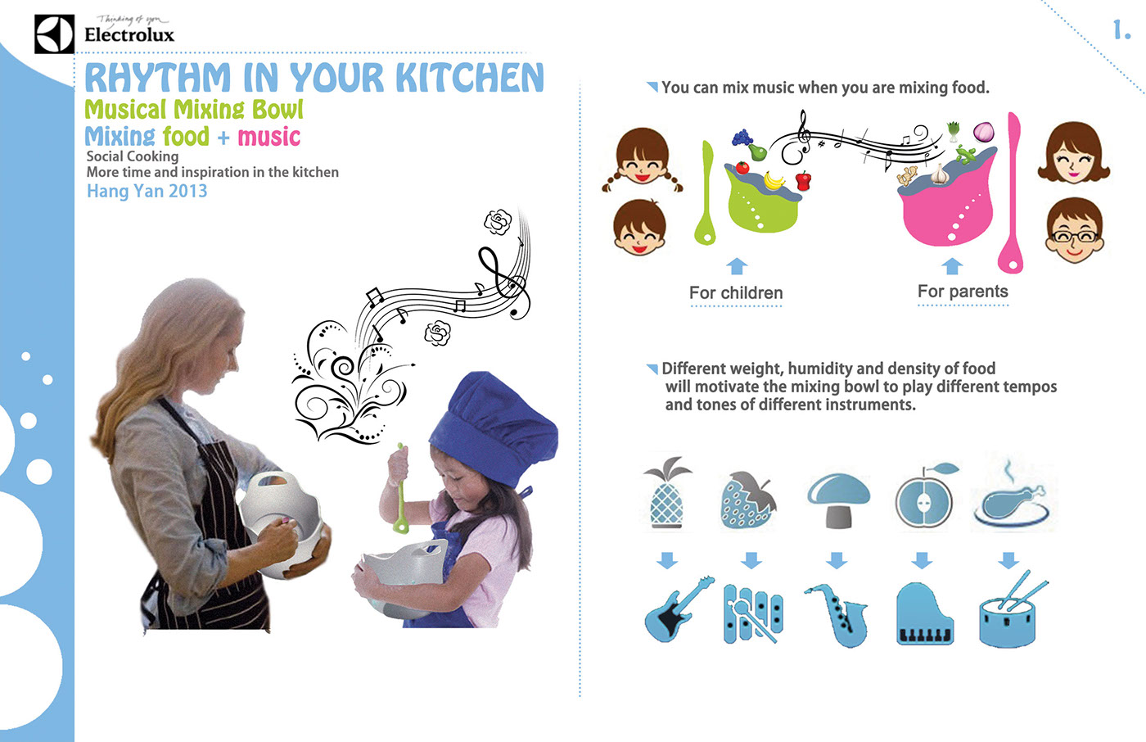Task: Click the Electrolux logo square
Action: [54, 34]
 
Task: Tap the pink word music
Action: [269, 137]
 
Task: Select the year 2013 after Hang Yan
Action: [187, 191]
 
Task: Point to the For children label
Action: [736, 292]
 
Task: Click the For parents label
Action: [963, 292]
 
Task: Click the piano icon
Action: [925, 613]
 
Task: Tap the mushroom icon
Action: [838, 500]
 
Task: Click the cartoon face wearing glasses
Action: [1074, 230]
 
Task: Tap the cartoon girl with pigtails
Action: [642, 156]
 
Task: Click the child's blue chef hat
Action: [493, 425]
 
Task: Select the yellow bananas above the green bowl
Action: [774, 180]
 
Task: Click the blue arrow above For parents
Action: [952, 266]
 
